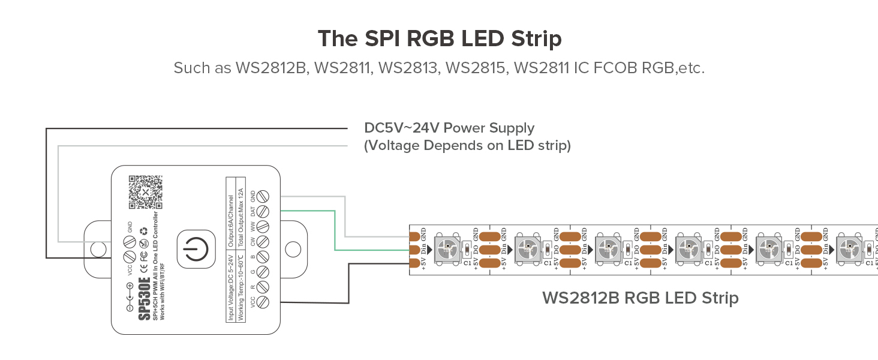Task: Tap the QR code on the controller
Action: click(x=144, y=191)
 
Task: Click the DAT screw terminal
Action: click(x=261, y=211)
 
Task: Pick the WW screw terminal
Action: click(x=261, y=227)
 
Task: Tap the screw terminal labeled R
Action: click(x=261, y=287)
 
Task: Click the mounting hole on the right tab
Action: click(x=293, y=248)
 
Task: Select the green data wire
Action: click(x=334, y=228)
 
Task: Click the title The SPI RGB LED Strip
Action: click(x=439, y=38)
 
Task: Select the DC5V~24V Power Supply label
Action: click(x=449, y=128)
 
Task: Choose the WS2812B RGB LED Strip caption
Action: click(x=640, y=298)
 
